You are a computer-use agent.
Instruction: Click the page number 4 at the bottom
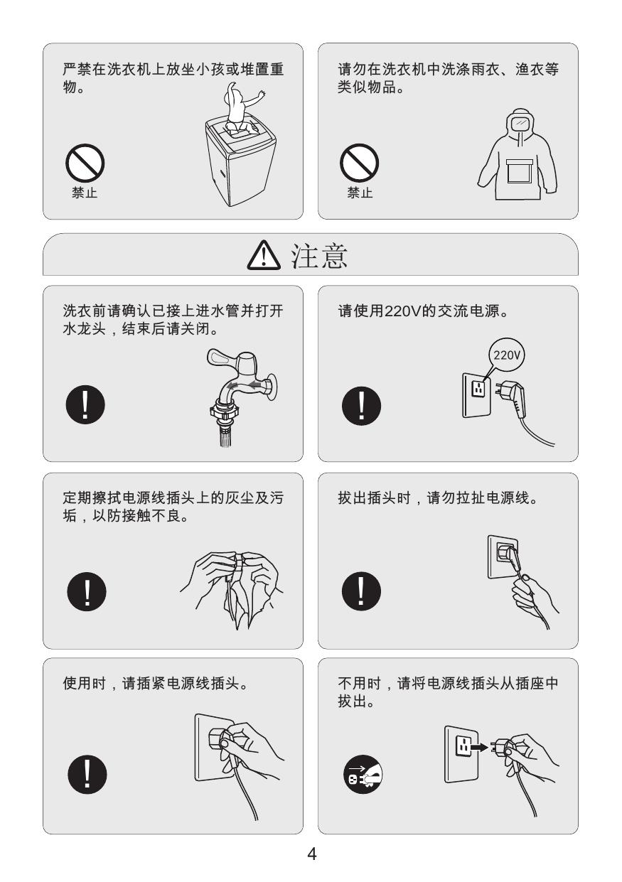click(x=311, y=854)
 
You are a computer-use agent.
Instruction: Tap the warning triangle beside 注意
click(x=264, y=256)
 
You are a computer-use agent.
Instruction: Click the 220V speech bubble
click(x=507, y=355)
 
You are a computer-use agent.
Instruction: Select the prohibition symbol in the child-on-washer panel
click(x=85, y=163)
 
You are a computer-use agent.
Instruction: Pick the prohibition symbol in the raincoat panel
click(x=359, y=163)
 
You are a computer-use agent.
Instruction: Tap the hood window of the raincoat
click(x=521, y=124)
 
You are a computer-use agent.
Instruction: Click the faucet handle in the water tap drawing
click(x=221, y=358)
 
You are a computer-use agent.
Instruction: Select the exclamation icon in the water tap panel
click(x=85, y=405)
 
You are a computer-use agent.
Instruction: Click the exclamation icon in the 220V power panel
click(x=361, y=406)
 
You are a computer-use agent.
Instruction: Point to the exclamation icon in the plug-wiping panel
click(x=87, y=592)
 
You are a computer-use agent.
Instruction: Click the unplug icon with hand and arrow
click(x=363, y=775)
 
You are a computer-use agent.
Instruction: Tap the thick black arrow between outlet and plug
click(x=479, y=746)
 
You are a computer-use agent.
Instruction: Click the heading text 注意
click(x=319, y=256)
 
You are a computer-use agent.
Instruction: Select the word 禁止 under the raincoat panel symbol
click(x=360, y=193)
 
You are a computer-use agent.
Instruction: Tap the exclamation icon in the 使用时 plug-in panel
click(x=87, y=775)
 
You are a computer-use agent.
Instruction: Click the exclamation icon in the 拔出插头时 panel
click(x=361, y=591)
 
